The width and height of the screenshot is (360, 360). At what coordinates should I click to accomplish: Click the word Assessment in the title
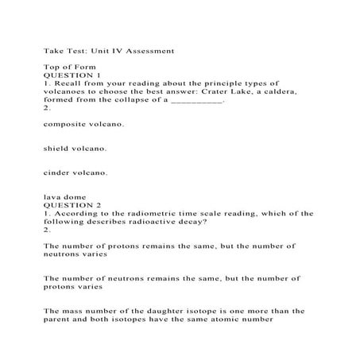click(146, 51)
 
